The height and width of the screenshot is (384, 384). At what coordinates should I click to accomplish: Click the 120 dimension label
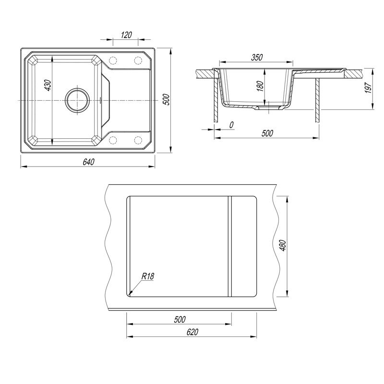(x=126, y=35)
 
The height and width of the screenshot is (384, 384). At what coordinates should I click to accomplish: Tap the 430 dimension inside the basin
(x=48, y=85)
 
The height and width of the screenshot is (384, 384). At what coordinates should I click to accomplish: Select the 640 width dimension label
(x=88, y=162)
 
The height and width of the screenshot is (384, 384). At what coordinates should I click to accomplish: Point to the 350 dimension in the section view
(x=257, y=57)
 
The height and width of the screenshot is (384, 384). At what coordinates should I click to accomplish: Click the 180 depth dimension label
(x=260, y=86)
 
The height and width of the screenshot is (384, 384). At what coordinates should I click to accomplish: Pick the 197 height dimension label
(x=368, y=88)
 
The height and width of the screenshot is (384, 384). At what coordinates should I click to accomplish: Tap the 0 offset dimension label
(x=231, y=125)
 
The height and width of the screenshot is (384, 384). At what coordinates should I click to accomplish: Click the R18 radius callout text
(x=148, y=276)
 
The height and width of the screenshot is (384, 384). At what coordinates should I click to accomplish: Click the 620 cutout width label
(x=192, y=332)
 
